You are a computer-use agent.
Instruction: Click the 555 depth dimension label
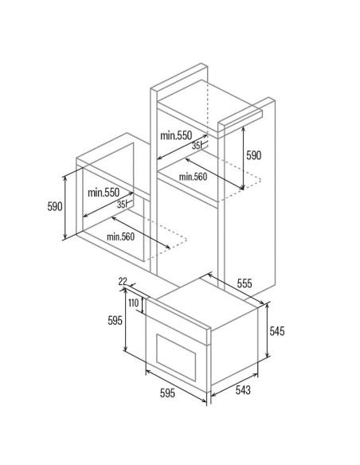point(245,283)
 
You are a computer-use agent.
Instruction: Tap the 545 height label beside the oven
point(277,331)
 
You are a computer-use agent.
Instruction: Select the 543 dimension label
point(243,390)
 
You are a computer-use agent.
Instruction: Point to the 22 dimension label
point(123,281)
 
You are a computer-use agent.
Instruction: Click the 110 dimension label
point(134,303)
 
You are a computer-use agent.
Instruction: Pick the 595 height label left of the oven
point(115,320)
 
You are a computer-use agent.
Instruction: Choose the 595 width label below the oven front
point(167,393)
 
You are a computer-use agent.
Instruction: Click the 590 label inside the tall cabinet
point(254,155)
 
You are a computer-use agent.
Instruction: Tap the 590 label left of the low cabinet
point(55,206)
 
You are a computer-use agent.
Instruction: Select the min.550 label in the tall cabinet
point(176,135)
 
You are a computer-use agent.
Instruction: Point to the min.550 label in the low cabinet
point(104,193)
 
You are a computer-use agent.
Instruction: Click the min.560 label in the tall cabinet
point(193,177)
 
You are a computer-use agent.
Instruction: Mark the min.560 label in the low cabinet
point(120,236)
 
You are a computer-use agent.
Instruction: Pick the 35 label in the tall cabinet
point(195,146)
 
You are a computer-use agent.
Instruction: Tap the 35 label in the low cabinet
point(121,205)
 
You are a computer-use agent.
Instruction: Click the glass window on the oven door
point(176,358)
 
